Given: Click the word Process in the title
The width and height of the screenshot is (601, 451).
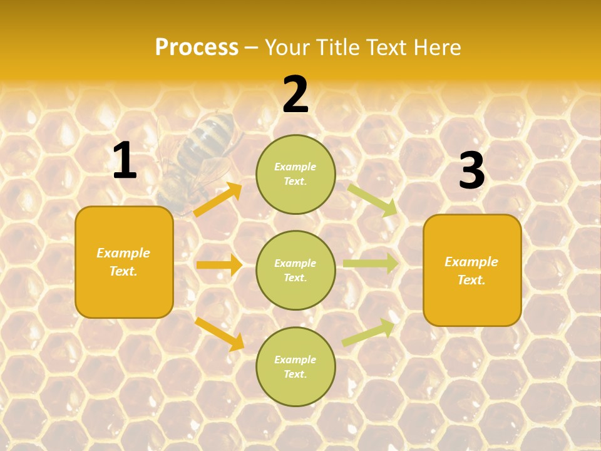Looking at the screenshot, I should (x=197, y=48).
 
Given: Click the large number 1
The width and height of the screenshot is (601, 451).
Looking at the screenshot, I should (x=125, y=161).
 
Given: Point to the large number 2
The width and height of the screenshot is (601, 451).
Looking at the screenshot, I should (x=295, y=95).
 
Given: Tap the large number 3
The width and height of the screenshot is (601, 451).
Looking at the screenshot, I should (x=471, y=171).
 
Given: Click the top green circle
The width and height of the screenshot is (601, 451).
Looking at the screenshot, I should (x=295, y=174).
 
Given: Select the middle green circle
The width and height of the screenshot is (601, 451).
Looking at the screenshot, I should (x=295, y=270).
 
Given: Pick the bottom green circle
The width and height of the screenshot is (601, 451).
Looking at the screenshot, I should (x=295, y=366).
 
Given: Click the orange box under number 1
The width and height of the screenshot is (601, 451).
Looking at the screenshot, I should (x=124, y=262).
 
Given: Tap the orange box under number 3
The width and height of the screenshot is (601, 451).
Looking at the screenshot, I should (x=472, y=271).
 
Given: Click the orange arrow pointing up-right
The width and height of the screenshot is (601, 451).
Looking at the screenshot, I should (x=218, y=199).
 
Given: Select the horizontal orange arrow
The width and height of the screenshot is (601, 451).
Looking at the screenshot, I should (x=219, y=265).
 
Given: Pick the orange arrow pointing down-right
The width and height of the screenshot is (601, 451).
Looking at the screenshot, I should (x=219, y=334).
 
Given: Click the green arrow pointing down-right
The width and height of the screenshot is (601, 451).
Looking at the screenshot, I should (x=372, y=200).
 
